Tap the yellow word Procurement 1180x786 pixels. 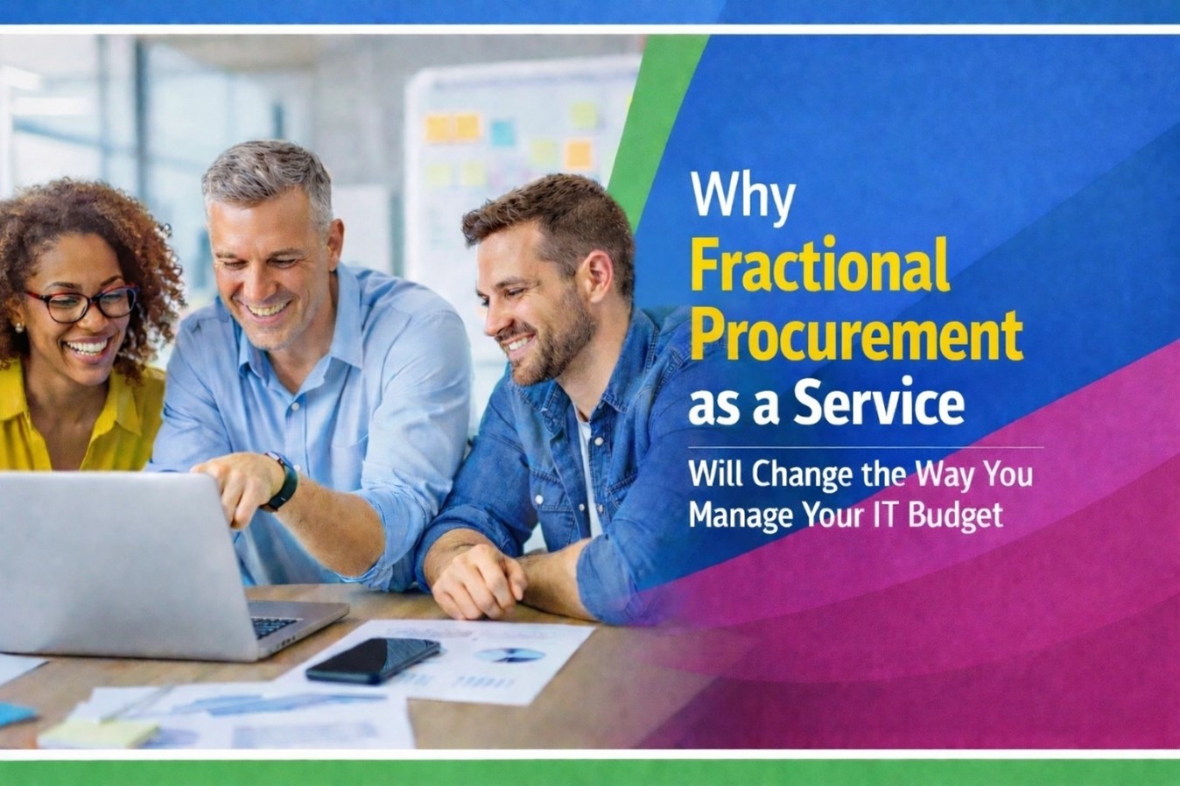pos(856,333)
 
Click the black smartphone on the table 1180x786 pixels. pos(373,659)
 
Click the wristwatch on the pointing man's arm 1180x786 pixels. pos(284,481)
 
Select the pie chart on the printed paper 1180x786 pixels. pos(510,655)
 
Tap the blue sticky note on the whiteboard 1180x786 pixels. pos(502,133)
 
